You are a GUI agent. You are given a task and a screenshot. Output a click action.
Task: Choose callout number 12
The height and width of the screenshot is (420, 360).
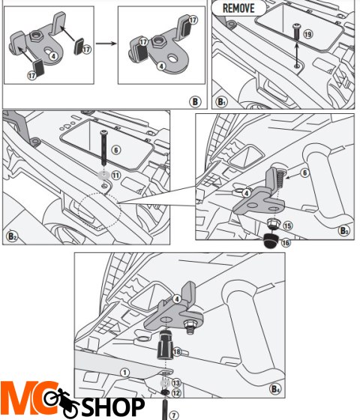(176, 392)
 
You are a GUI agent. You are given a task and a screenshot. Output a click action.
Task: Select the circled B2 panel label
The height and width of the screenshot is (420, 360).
(13, 235)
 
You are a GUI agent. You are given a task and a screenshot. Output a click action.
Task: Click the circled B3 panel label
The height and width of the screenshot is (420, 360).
(344, 230)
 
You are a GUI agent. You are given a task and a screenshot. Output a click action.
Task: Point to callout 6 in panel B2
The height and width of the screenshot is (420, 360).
(115, 149)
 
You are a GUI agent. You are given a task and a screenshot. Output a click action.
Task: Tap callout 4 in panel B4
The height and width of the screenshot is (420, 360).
(178, 298)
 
